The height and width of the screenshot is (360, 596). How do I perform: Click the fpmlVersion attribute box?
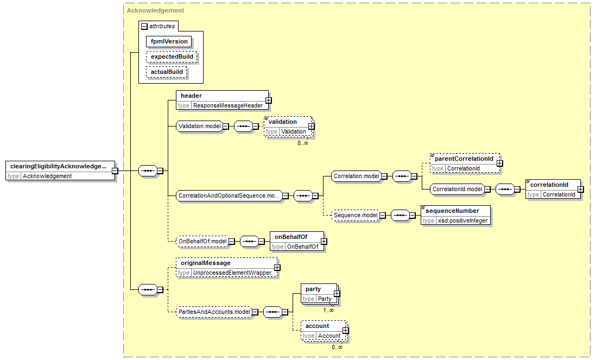(x=169, y=41)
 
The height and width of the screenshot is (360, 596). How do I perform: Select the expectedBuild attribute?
(x=172, y=56)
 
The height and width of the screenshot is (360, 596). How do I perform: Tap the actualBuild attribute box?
(x=167, y=72)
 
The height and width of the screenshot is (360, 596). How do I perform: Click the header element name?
(x=191, y=96)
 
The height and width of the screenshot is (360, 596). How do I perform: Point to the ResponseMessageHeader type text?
(x=227, y=106)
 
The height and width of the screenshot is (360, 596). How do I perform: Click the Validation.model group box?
(x=199, y=126)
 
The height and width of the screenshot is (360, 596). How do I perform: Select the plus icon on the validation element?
(x=312, y=126)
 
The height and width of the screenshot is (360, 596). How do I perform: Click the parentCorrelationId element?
(x=465, y=163)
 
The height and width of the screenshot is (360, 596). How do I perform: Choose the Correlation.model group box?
(x=356, y=176)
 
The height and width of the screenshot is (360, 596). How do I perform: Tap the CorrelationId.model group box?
(x=457, y=190)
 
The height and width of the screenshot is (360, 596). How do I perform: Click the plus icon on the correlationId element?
(x=580, y=190)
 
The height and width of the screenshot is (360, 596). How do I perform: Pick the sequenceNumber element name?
(x=452, y=211)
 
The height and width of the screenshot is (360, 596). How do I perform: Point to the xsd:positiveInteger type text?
(x=462, y=221)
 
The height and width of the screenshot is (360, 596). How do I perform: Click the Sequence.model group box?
(x=356, y=216)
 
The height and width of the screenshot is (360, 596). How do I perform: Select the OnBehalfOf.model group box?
(x=202, y=242)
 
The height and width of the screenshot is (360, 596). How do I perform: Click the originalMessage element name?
(x=206, y=263)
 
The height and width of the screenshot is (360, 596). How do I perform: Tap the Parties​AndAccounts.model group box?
(x=214, y=312)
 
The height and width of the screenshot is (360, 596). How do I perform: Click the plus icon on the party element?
(x=337, y=293)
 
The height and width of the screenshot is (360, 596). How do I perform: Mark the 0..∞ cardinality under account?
(x=337, y=347)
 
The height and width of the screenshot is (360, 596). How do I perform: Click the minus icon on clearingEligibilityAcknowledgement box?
(x=115, y=171)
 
